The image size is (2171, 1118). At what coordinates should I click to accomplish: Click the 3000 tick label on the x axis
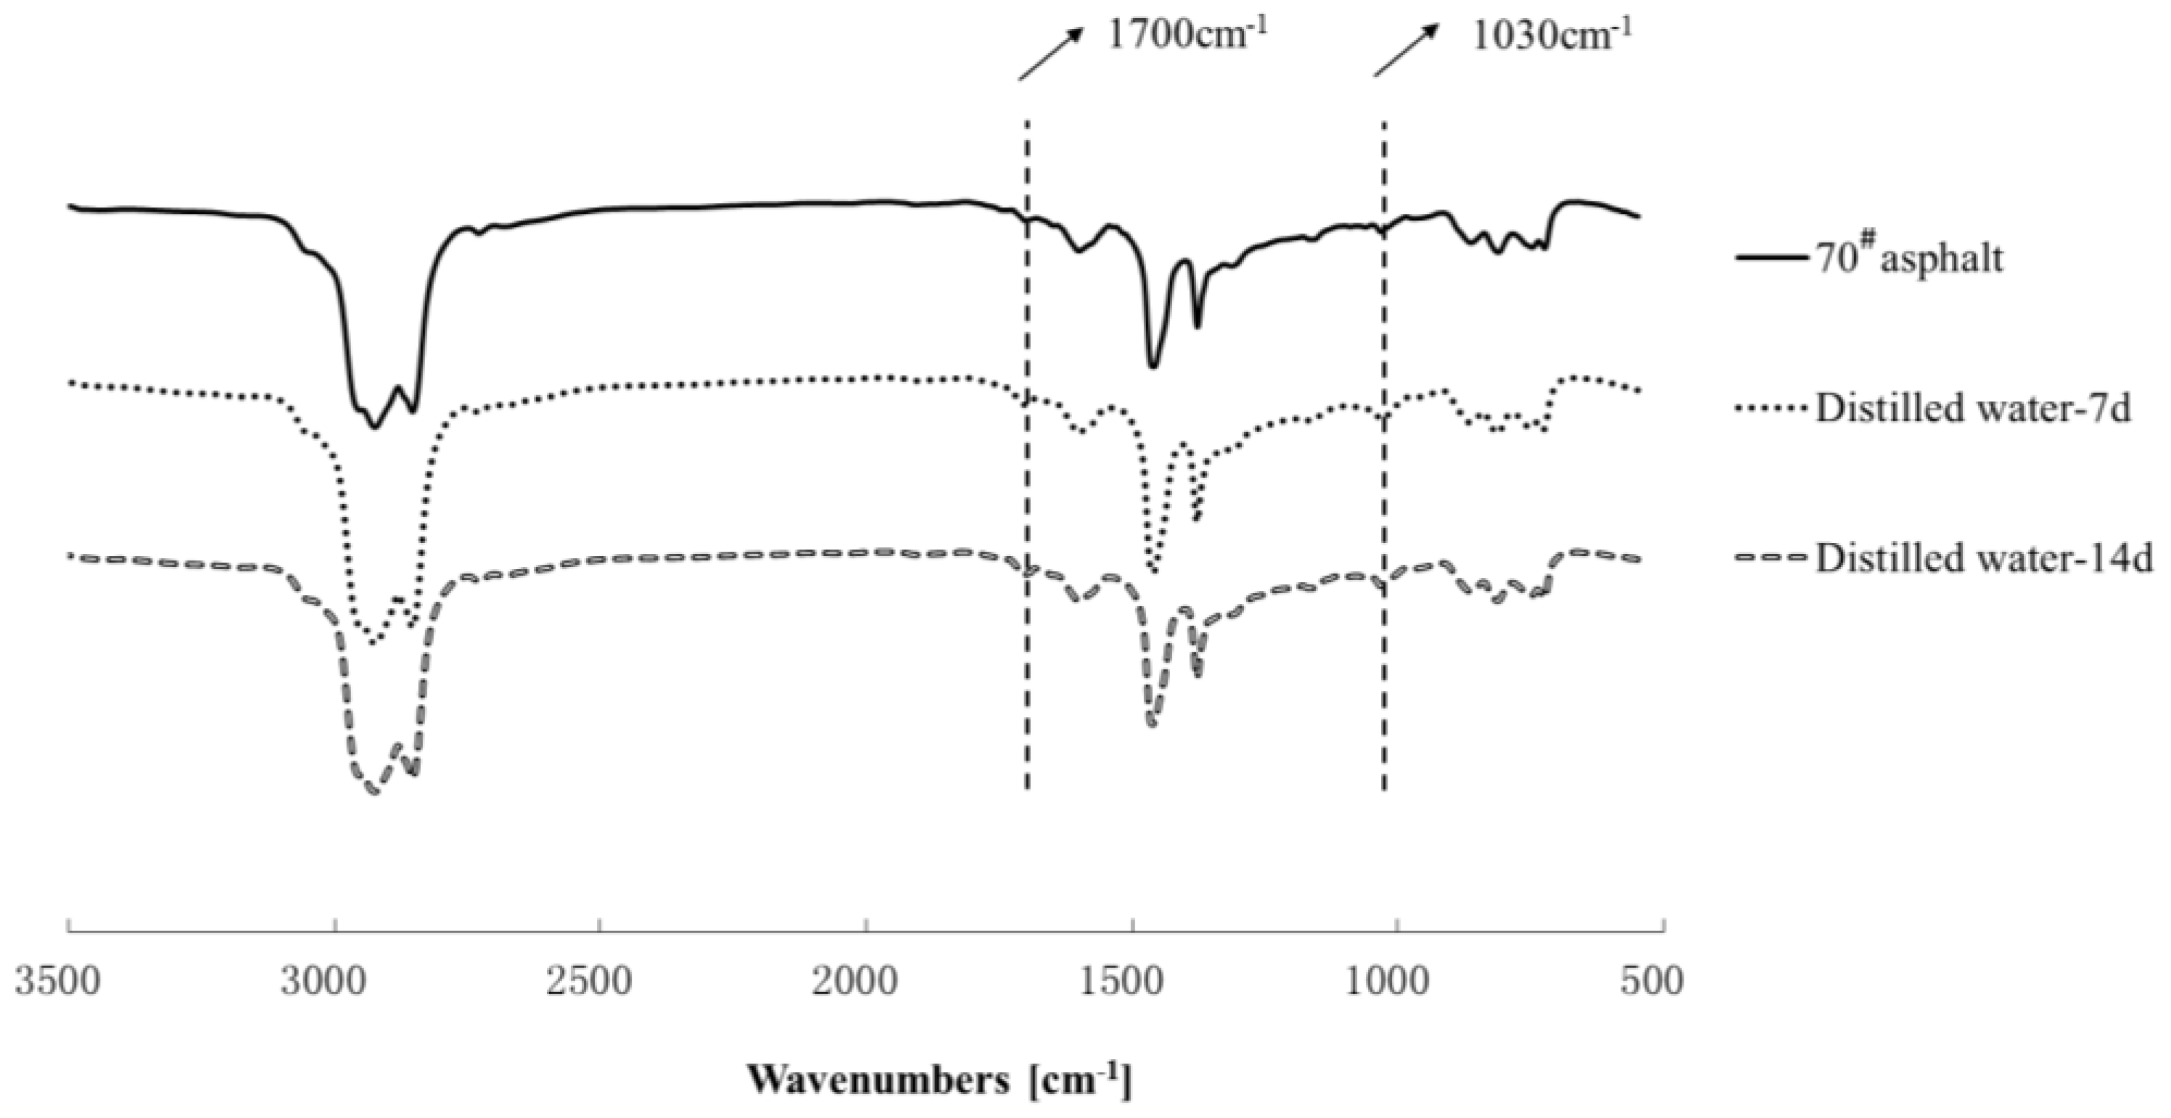tap(324, 982)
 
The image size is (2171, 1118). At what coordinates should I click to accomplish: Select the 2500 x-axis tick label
tap(590, 982)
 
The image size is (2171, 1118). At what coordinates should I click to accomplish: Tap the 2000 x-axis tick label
tap(856, 982)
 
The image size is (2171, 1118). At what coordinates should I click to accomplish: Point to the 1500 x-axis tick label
tap(1123, 982)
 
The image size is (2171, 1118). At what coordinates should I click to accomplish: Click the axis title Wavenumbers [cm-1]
tap(939, 1080)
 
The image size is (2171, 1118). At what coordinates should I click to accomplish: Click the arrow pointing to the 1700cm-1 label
tap(1050, 52)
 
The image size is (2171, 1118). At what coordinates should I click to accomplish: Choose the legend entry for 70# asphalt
tap(1909, 257)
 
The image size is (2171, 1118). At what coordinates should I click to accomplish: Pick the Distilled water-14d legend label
tap(1984, 558)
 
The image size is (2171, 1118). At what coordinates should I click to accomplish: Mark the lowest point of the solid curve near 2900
tap(375, 427)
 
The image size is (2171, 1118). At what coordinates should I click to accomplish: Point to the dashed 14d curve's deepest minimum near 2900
tap(374, 792)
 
